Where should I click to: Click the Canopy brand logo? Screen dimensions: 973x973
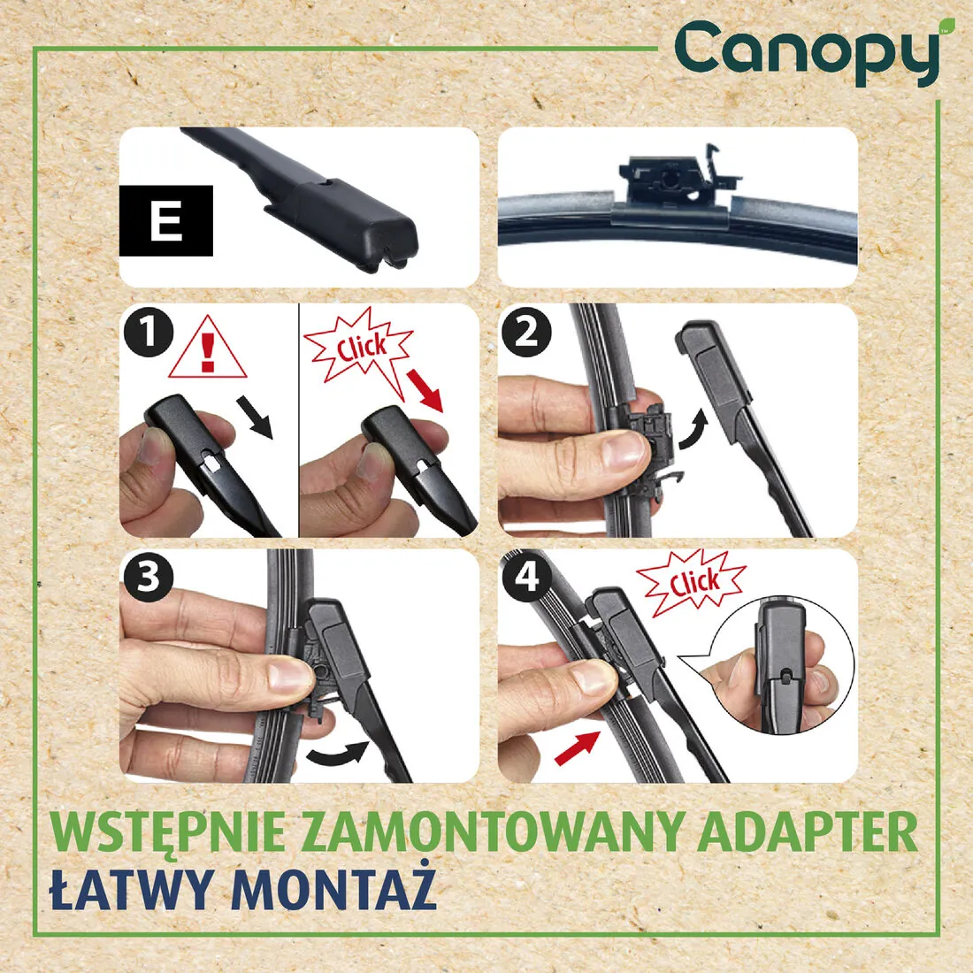(x=808, y=53)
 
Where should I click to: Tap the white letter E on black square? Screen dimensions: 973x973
(x=165, y=221)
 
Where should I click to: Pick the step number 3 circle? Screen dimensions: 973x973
(x=149, y=577)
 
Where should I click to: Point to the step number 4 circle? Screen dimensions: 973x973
(x=526, y=577)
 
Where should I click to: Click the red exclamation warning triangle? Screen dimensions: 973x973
(x=208, y=349)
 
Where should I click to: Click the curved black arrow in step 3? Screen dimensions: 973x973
(x=339, y=752)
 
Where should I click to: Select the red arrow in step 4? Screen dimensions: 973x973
(x=578, y=748)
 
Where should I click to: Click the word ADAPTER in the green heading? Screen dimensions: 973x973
(x=808, y=832)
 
